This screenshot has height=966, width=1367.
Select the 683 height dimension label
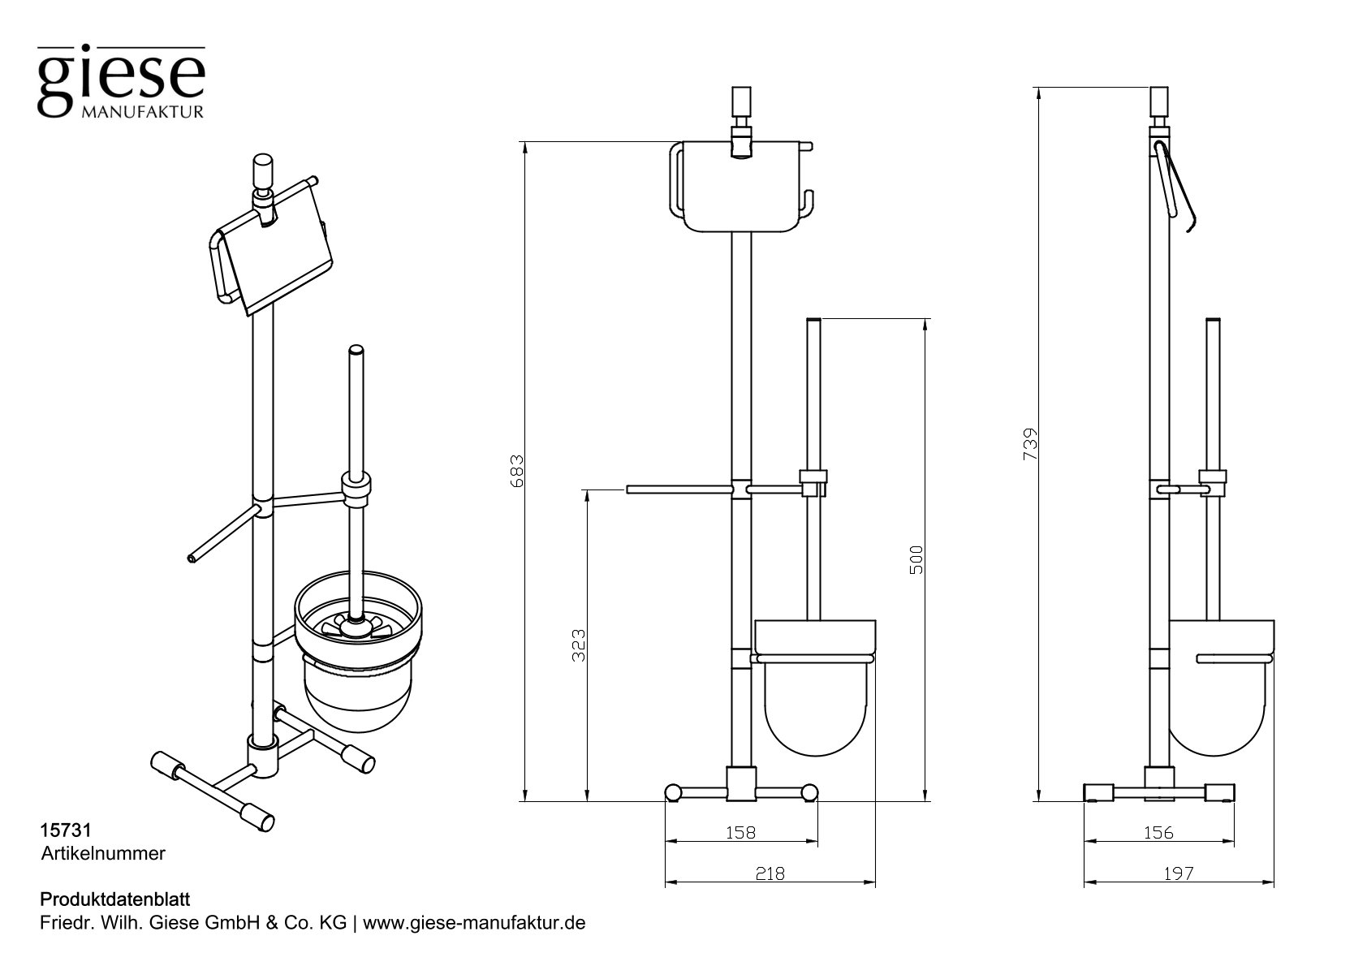518,471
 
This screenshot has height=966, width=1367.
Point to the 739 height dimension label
1030,444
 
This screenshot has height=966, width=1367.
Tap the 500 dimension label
916,560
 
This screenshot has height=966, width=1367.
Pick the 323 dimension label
578,645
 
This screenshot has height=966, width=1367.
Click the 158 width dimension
740,832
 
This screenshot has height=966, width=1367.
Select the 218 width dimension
770,873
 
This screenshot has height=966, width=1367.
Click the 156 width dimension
1158,832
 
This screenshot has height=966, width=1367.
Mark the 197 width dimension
1178,873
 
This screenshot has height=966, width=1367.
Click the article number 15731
64,830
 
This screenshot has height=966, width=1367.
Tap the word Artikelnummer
103,853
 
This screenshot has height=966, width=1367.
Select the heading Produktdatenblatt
114,900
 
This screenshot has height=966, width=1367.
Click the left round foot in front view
673,792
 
